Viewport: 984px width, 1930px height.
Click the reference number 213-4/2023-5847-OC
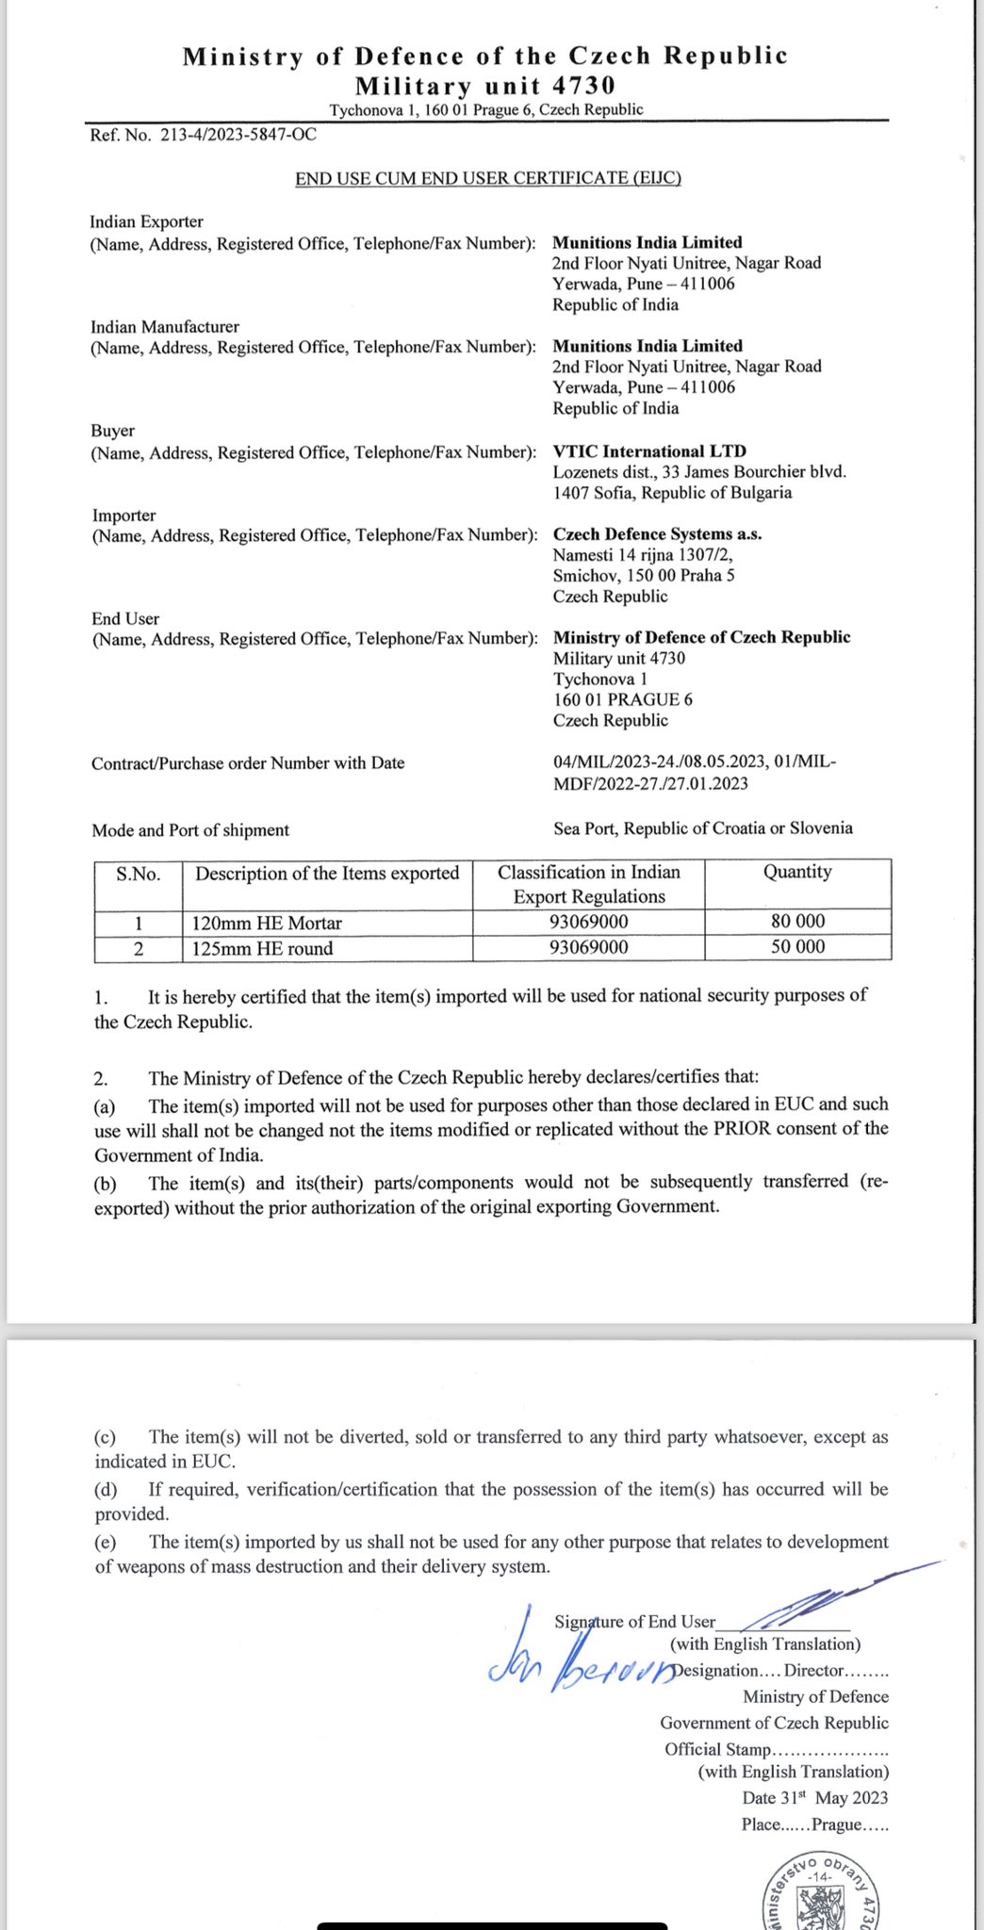coord(238,135)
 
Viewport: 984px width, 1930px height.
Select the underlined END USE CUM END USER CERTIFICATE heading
coord(487,178)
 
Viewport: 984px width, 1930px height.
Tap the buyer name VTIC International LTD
coord(648,451)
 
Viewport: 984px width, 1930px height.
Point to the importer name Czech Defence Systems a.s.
coord(657,534)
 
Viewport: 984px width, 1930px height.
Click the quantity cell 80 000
coord(797,922)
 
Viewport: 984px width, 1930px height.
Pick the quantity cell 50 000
coord(797,947)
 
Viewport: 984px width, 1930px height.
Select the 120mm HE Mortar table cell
coord(267,924)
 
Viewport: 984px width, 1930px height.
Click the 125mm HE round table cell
coord(262,949)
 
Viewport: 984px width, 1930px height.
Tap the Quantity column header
coord(797,872)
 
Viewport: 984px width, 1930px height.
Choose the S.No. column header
coord(139,874)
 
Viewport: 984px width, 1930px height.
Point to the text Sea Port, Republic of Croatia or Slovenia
coord(702,828)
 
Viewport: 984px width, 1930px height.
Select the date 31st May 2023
coord(814,1798)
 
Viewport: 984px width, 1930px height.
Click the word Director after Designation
coord(813,1670)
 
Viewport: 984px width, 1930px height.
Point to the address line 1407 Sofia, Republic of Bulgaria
coord(672,493)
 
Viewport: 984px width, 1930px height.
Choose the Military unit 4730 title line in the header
coord(484,86)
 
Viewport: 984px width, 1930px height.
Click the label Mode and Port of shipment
coord(190,830)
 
